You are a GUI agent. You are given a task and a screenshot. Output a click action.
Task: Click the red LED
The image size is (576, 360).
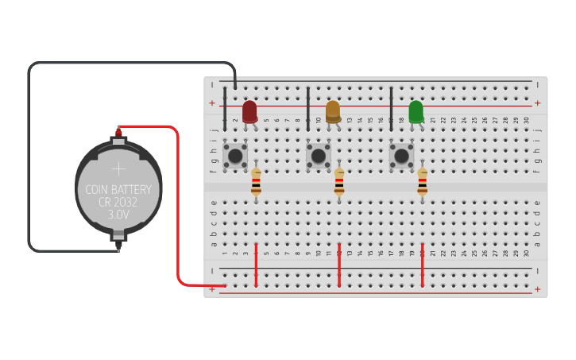pos(249,110)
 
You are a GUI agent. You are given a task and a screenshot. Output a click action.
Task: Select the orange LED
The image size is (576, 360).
pos(333,110)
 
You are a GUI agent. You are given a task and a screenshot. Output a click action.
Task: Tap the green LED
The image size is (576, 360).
pos(416,110)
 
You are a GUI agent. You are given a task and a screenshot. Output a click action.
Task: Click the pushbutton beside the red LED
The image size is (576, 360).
pos(235,154)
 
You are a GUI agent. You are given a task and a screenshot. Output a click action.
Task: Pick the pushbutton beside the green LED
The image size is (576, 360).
pos(401,154)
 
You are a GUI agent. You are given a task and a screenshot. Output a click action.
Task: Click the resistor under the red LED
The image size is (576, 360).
pos(256,183)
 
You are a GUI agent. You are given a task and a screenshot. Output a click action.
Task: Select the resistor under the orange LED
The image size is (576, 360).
pos(339,183)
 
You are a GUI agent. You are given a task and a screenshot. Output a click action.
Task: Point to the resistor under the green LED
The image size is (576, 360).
pos(422,183)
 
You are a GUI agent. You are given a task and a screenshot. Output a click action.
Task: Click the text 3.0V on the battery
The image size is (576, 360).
pos(118,215)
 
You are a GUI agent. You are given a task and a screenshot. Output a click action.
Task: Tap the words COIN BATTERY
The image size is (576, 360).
pos(118,189)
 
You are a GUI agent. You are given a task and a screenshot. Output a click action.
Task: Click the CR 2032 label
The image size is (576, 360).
pos(118,202)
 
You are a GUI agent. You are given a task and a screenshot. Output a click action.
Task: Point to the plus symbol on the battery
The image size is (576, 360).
pos(118,168)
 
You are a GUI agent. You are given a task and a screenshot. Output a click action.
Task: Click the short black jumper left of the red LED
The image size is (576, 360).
pos(225,109)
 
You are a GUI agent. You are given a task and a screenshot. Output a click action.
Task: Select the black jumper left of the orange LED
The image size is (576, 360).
pos(308,109)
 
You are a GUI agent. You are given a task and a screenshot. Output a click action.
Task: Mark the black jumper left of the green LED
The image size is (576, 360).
pos(391,109)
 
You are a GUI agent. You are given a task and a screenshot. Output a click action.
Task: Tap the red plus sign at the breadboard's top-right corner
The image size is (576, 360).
pos(537,103)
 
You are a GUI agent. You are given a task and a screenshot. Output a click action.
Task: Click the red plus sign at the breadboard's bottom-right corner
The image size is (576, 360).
pos(537,289)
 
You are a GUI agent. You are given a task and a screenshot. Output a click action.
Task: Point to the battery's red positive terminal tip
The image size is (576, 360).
pos(119,130)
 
